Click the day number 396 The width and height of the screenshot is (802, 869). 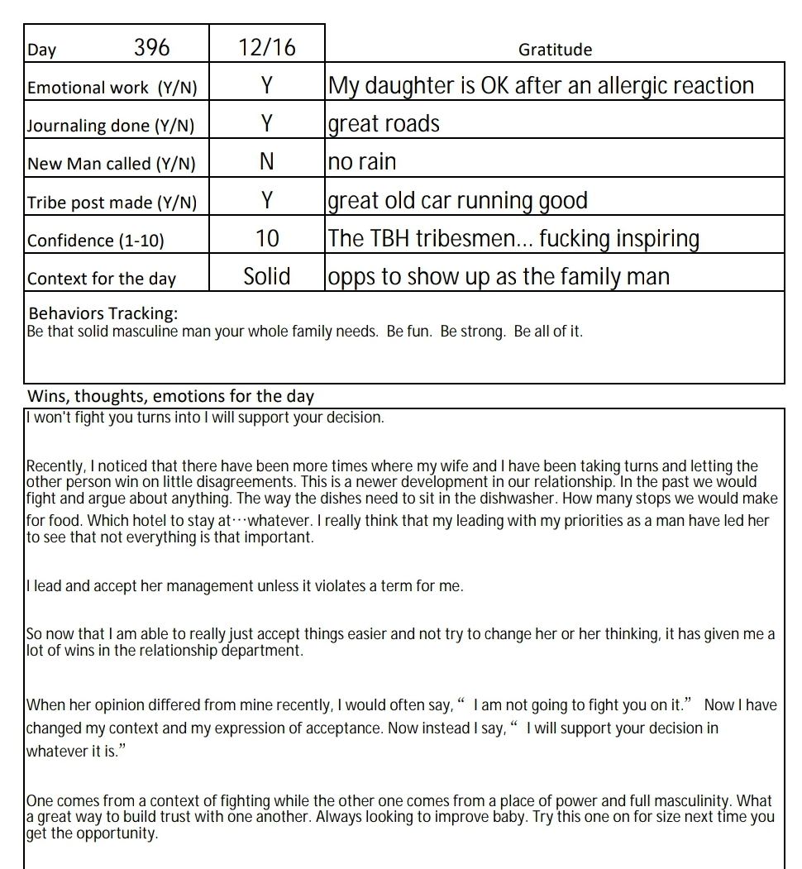pos(151,48)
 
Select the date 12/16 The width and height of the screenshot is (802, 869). pos(266,48)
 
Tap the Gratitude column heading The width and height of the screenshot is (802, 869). pos(555,50)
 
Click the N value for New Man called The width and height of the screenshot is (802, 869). pos(266,162)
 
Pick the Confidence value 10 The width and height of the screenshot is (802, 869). pos(267,239)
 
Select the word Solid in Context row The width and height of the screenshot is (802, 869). pos(266,277)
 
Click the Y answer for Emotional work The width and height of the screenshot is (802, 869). pos(266,86)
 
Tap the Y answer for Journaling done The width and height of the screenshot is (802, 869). pos(266,124)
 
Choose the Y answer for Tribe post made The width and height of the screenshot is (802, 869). pos(266,201)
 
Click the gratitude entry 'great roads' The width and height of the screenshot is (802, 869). pos(384,124)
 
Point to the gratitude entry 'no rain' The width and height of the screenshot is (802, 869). pos(362,162)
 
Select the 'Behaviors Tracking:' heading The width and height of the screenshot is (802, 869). pos(103,313)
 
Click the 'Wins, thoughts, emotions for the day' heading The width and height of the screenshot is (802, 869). pos(171,396)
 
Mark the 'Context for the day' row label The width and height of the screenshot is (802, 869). pos(102,279)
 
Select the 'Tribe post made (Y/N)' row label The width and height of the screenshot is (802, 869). pos(112,203)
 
